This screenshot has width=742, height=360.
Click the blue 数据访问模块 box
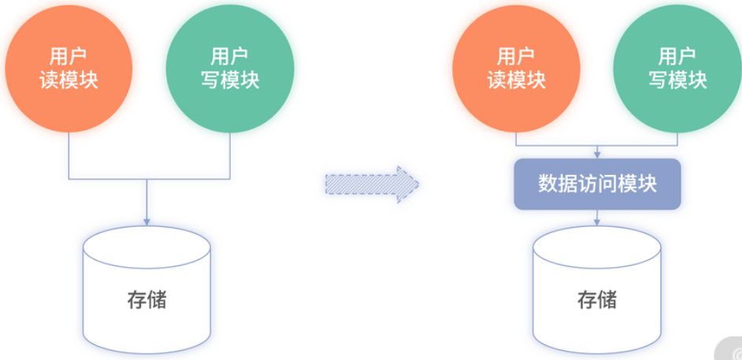597,184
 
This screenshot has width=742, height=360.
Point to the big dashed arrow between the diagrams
371,184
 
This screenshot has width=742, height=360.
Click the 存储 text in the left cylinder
147,300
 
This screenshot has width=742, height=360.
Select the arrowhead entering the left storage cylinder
147,220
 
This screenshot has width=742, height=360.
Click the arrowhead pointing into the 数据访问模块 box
597,153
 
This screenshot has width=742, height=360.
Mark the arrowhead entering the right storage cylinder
597,223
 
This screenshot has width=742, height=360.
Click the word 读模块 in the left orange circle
69,80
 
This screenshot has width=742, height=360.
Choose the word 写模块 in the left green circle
229,80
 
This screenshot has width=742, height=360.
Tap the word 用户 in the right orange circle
516,57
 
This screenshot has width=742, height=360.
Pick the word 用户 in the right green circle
677,57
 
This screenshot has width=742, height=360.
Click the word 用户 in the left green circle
229,57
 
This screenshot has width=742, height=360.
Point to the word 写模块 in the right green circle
677,80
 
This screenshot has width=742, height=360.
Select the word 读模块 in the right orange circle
516,80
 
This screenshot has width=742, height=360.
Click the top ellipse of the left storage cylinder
147,241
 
